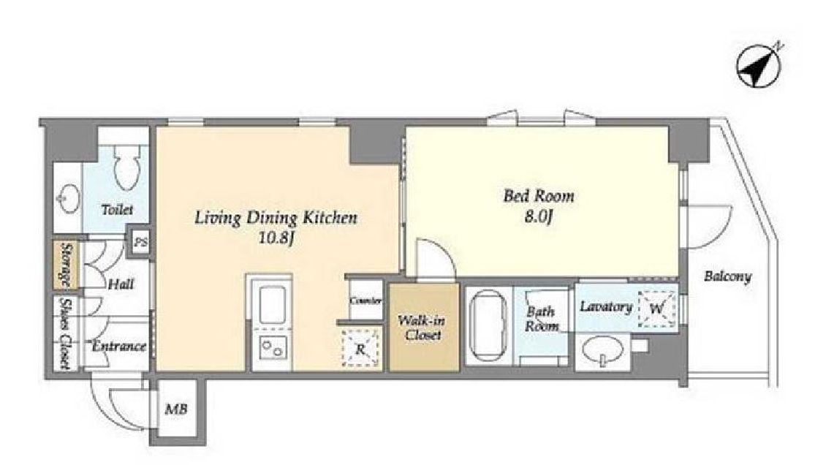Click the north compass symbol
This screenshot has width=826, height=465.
(x=759, y=65)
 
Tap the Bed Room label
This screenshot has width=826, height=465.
(x=539, y=197)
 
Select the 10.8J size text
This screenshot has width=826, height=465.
(x=276, y=238)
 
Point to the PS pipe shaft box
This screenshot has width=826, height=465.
(x=140, y=243)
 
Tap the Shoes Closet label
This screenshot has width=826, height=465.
(x=66, y=333)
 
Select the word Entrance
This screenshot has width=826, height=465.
(x=119, y=347)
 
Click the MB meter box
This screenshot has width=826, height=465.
(x=176, y=409)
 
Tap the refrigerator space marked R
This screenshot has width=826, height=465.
(x=360, y=348)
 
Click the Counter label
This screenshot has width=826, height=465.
(x=365, y=300)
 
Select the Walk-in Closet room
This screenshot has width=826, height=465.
(x=424, y=327)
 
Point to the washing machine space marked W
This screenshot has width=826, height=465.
(x=656, y=309)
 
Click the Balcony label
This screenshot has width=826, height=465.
(x=728, y=276)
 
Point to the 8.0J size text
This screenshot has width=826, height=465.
(x=538, y=216)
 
